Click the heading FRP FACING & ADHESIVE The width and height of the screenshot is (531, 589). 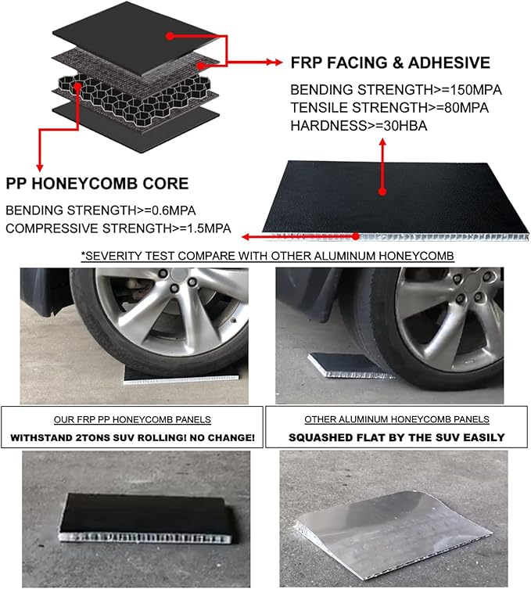click(389, 63)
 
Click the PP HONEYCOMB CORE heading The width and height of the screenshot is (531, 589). click(97, 184)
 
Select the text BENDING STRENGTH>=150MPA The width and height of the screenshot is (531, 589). click(396, 89)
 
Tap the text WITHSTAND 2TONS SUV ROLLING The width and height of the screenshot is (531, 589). click(133, 437)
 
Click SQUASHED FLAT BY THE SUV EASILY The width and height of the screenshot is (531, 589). click(396, 437)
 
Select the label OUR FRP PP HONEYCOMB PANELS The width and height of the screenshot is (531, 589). click(133, 419)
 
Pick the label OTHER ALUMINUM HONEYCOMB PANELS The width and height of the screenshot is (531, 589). click(396, 419)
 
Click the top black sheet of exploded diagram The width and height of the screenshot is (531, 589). click(133, 35)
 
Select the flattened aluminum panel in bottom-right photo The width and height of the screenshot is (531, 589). click(391, 520)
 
